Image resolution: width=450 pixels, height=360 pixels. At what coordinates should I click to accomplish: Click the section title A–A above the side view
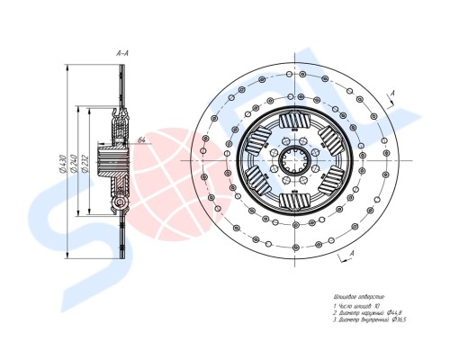122,55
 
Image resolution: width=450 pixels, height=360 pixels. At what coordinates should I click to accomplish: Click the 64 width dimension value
142,140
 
